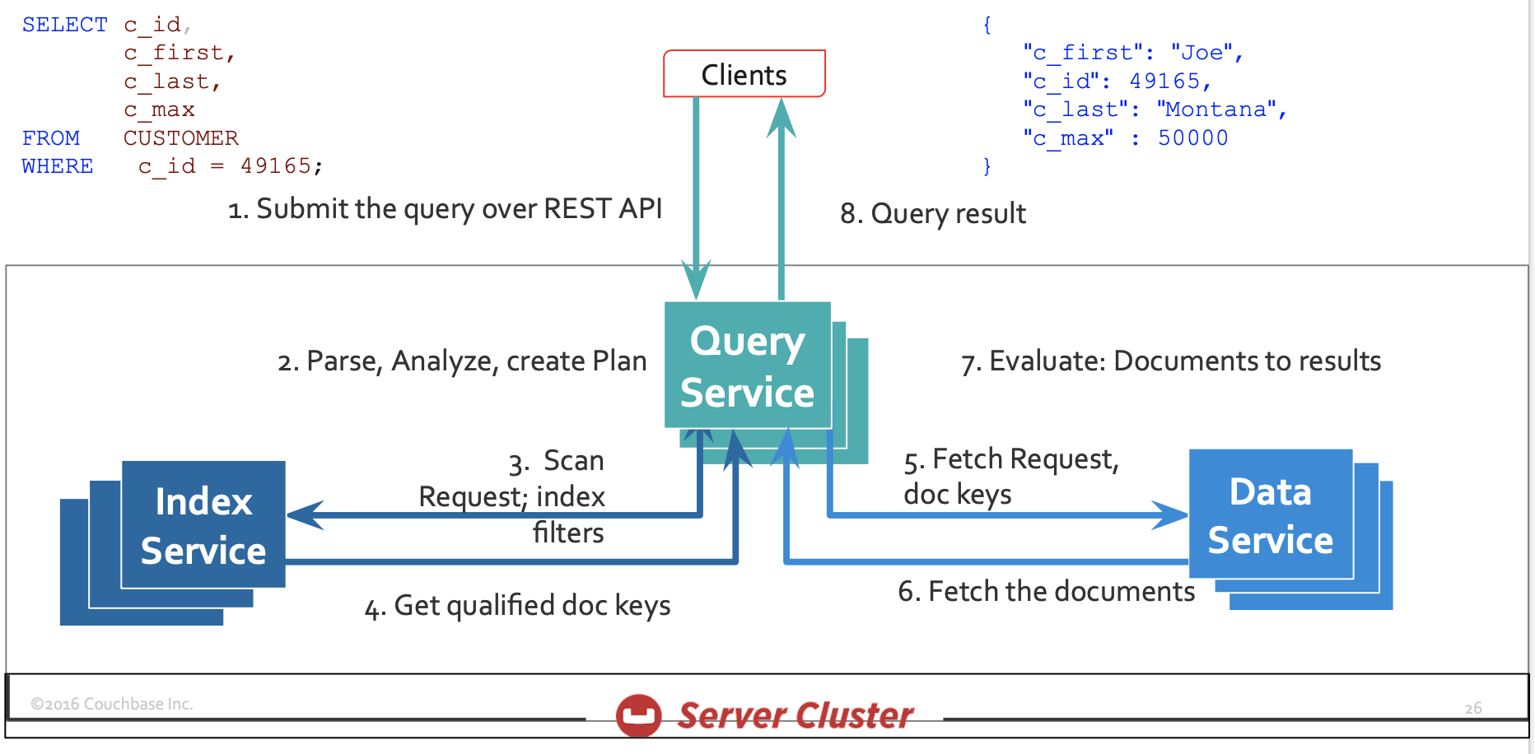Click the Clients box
tap(744, 74)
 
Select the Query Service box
tap(748, 365)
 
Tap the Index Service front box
tap(203, 524)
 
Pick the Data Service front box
tap(1271, 514)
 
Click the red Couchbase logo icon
tap(639, 714)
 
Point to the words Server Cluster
tap(795, 715)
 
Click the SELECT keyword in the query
tap(64, 26)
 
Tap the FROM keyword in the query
tap(51, 138)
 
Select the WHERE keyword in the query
tap(58, 166)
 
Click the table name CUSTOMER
tap(181, 138)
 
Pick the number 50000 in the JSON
tap(1193, 137)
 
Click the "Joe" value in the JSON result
tap(1202, 53)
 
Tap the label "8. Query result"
tap(933, 214)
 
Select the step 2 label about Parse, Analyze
tap(462, 361)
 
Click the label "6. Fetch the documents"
tap(1046, 591)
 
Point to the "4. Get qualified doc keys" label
tap(517, 606)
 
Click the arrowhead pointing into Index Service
tap(305, 515)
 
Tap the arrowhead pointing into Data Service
tap(1169, 515)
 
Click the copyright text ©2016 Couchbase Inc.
tap(112, 704)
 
